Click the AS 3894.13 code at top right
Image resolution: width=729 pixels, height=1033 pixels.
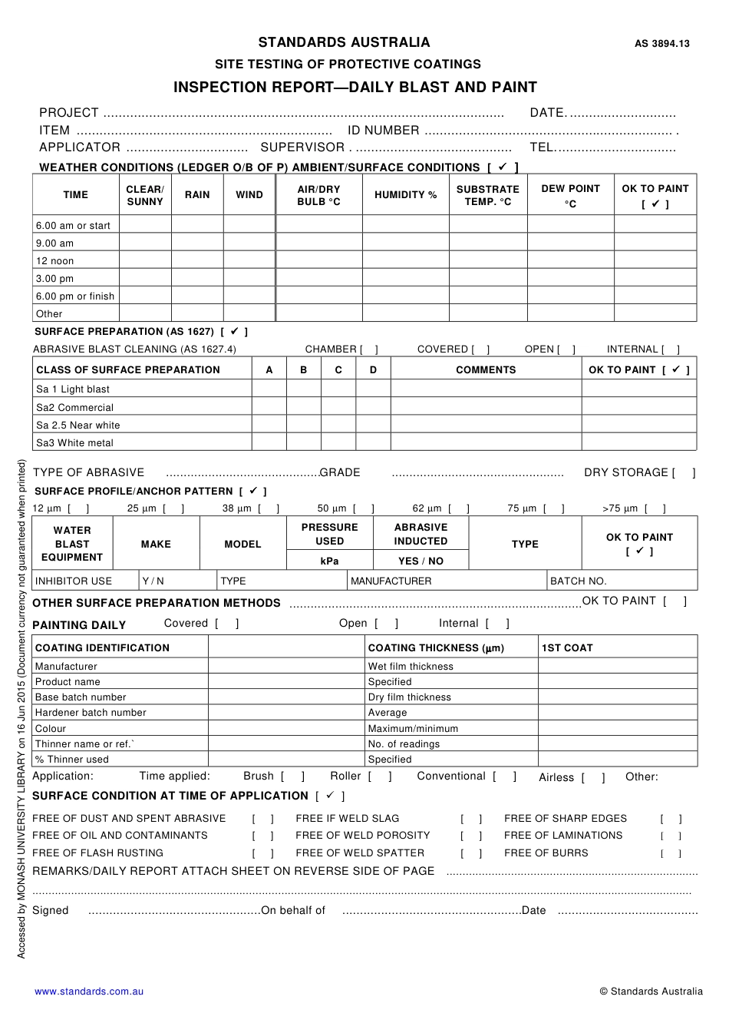click(x=661, y=44)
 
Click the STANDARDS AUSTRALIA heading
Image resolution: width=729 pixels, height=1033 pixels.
click(x=344, y=42)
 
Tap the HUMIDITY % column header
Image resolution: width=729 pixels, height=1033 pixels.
click(x=405, y=195)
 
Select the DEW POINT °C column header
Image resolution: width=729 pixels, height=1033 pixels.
click(x=570, y=195)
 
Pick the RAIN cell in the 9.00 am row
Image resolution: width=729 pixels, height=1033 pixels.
click(x=197, y=243)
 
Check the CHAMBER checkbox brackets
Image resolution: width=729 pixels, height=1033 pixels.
click(x=369, y=349)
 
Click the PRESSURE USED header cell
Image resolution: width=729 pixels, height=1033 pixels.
click(x=329, y=534)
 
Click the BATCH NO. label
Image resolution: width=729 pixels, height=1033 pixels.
click(x=578, y=581)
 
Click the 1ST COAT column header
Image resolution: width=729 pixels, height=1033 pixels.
click(x=567, y=648)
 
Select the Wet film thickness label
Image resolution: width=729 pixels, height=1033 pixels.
click(x=411, y=667)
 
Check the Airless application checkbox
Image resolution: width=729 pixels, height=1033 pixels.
click(x=593, y=777)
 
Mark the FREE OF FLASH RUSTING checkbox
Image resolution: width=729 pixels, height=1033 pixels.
click(x=262, y=853)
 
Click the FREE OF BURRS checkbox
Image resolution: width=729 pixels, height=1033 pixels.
click(x=671, y=853)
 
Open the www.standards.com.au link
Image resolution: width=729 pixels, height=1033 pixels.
click(x=89, y=992)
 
